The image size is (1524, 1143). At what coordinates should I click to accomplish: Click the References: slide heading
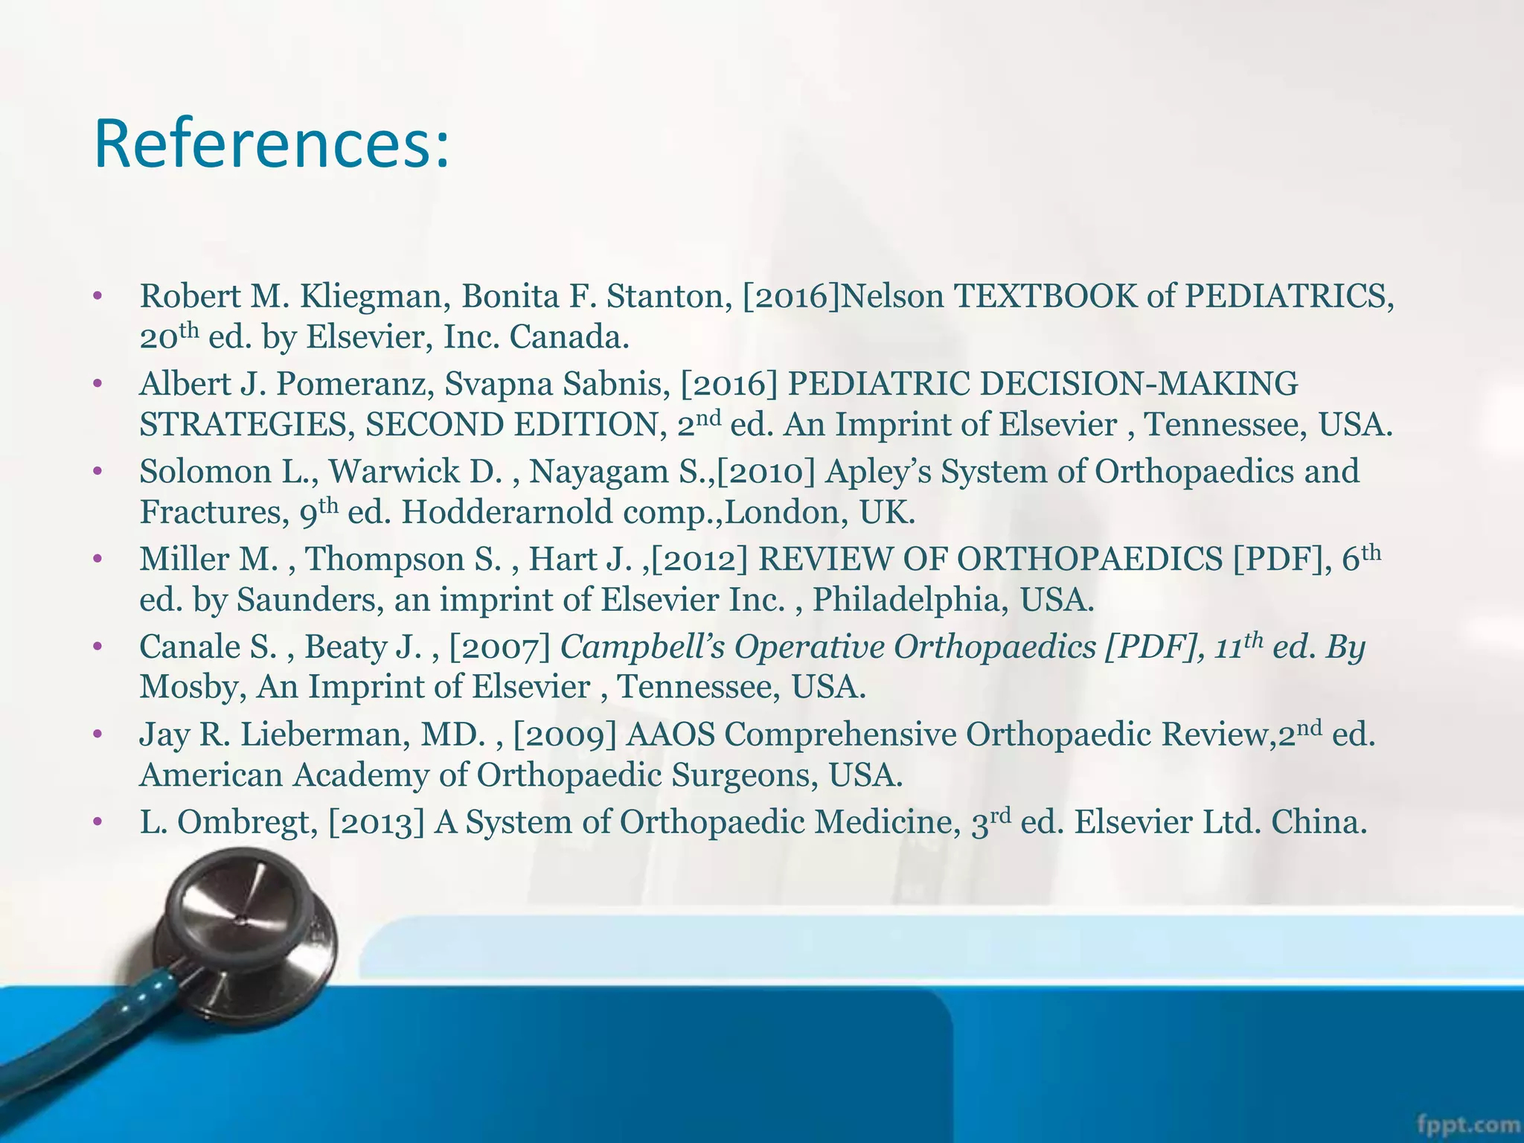[272, 144]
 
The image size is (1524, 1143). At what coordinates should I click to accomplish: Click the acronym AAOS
[670, 735]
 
